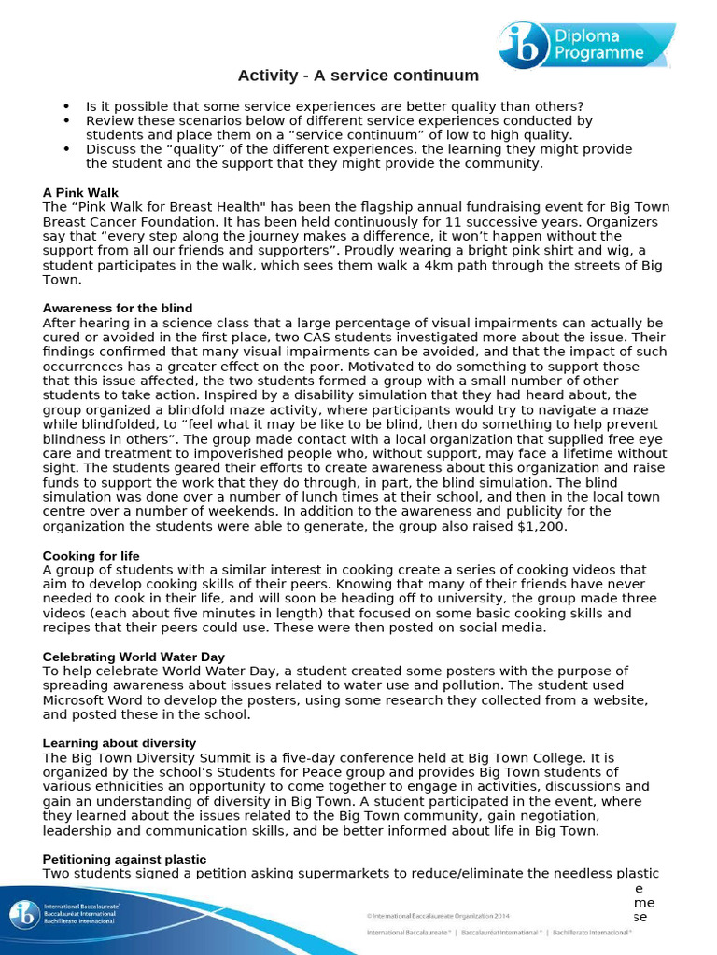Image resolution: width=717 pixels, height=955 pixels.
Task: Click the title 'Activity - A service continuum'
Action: coord(358,76)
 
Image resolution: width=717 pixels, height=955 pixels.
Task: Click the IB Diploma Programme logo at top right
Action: coord(571,46)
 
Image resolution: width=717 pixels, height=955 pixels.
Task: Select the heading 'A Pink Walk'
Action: coord(80,192)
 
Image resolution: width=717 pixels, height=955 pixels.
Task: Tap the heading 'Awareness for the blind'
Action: coord(118,308)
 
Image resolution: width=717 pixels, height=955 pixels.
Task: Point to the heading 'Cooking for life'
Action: coord(91,556)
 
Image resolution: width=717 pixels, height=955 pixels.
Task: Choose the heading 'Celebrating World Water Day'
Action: coord(134,657)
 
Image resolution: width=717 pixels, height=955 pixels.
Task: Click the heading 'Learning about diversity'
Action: coord(119,742)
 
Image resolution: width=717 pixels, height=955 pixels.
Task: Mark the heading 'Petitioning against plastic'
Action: coord(125,858)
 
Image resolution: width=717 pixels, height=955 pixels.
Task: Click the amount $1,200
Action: coord(525,526)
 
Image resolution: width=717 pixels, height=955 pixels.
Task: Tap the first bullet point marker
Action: coord(67,107)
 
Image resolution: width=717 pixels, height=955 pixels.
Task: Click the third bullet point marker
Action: coord(67,149)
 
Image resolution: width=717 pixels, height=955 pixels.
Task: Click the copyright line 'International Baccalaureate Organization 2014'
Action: coord(438,916)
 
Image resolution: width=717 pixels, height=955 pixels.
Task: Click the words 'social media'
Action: coord(503,628)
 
